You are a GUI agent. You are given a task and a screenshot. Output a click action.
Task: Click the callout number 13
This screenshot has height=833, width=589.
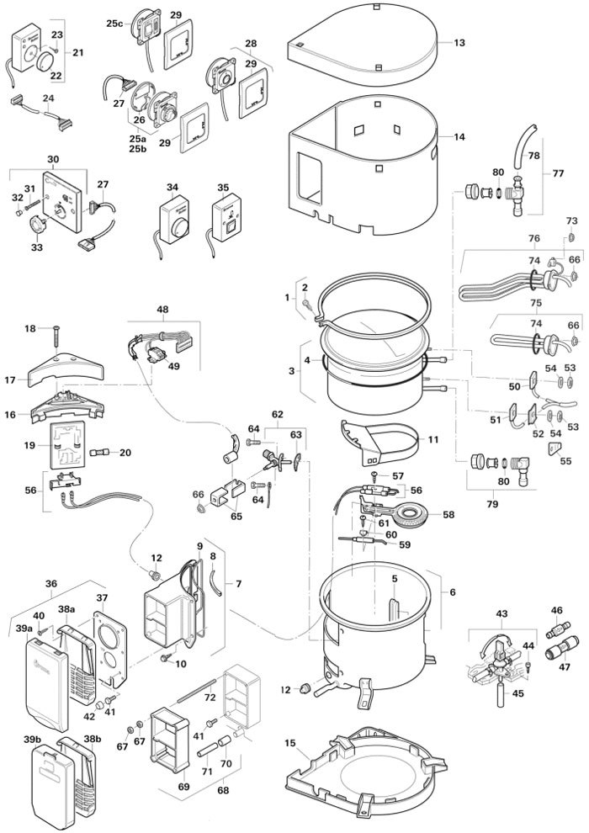point(459,42)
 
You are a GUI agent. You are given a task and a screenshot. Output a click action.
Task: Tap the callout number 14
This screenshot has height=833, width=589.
point(459,135)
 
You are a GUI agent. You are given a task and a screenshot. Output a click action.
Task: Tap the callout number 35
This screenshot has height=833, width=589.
point(223,188)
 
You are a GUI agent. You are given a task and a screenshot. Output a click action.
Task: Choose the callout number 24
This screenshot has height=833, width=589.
point(49,98)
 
